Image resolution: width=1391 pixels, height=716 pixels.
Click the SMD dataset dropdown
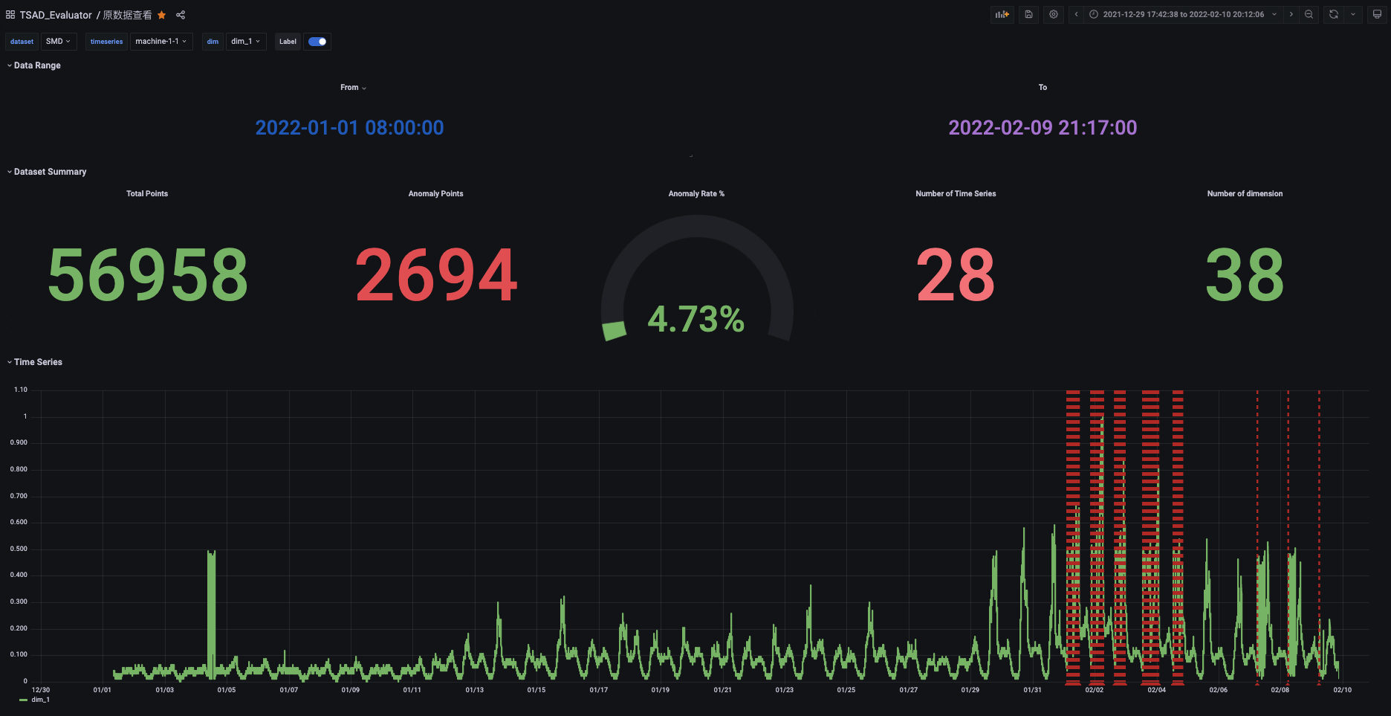pyautogui.click(x=58, y=42)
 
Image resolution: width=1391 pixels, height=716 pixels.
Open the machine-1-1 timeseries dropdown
pyautogui.click(x=160, y=42)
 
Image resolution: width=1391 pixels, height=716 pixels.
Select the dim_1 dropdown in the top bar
pyautogui.click(x=245, y=42)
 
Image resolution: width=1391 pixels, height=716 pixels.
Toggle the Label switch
pyautogui.click(x=317, y=42)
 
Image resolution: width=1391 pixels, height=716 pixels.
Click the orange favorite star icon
pyautogui.click(x=162, y=15)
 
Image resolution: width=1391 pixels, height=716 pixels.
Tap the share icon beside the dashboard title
pyautogui.click(x=181, y=15)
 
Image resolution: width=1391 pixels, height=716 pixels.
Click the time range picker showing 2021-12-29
pyautogui.click(x=1183, y=14)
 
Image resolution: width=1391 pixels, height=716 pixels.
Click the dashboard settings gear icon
pyautogui.click(x=1054, y=14)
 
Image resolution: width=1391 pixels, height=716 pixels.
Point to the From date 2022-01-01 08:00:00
pyautogui.click(x=349, y=128)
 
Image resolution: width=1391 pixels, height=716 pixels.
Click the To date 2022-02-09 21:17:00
pyautogui.click(x=1043, y=128)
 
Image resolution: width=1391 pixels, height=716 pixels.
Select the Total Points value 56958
pyautogui.click(x=147, y=275)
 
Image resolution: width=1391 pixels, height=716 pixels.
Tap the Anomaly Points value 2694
pyautogui.click(x=436, y=275)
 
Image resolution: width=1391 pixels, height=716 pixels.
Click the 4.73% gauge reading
pyautogui.click(x=695, y=320)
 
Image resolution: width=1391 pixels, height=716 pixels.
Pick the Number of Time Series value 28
pyautogui.click(x=956, y=275)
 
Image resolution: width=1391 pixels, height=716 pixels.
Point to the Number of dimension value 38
pyautogui.click(x=1245, y=275)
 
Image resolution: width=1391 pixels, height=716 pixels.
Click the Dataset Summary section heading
pyautogui.click(x=50, y=172)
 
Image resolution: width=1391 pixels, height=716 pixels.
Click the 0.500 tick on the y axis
pyautogui.click(x=19, y=549)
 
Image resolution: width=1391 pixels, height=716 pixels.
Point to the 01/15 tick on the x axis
pyautogui.click(x=536, y=690)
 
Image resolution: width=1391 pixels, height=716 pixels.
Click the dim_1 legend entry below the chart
pyautogui.click(x=40, y=700)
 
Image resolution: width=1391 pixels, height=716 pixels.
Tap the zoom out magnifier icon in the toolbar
pyautogui.click(x=1309, y=14)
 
